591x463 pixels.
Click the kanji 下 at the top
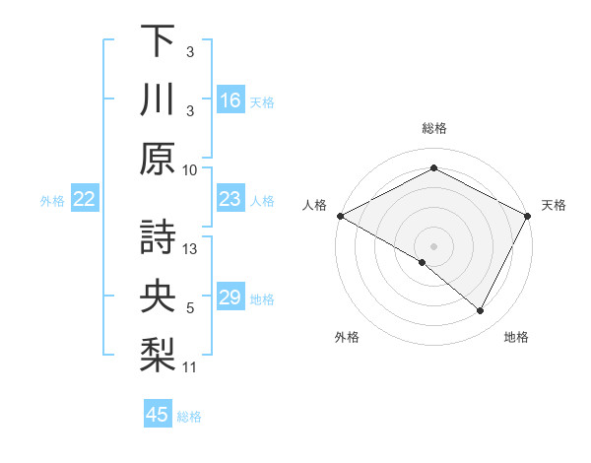(159, 41)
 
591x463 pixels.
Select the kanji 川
(159, 100)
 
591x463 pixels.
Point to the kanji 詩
(159, 236)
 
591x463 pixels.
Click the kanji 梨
(159, 355)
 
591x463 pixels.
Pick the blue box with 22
(85, 200)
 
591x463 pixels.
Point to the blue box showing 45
(158, 415)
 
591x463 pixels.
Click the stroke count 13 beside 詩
(191, 249)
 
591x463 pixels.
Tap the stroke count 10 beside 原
(191, 169)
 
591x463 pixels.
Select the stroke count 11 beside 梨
(191, 367)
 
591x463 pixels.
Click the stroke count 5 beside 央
(190, 308)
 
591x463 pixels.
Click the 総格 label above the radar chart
(433, 128)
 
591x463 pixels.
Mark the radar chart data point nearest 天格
(529, 216)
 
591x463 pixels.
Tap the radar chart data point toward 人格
(340, 216)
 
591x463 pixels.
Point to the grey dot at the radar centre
(433, 244)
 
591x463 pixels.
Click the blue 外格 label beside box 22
(52, 201)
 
